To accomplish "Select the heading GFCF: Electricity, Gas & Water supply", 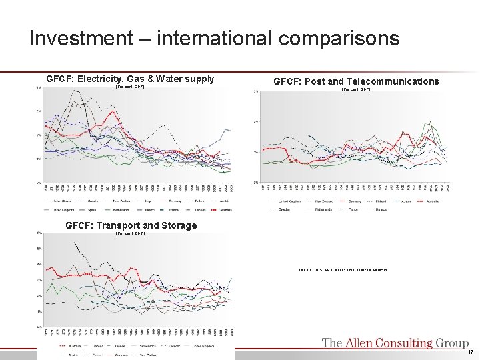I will coord(130,79).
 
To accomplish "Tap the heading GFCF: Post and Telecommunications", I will coord(356,81).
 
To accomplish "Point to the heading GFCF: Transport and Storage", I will coord(131,225).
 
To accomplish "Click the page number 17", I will coord(470,352).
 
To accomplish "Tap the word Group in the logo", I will coord(452,343).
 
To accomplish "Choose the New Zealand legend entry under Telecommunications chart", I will coord(319,199).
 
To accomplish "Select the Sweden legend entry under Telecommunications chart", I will coord(282,208).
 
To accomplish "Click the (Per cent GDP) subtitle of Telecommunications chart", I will coord(355,89).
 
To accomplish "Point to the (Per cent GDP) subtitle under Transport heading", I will coord(130,233).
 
